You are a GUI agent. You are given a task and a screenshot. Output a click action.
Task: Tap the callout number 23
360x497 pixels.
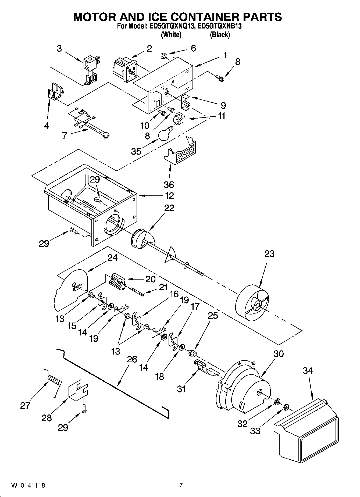pyautogui.click(x=269, y=253)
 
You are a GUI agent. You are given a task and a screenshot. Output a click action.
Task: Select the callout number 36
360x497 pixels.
pyautogui.click(x=169, y=185)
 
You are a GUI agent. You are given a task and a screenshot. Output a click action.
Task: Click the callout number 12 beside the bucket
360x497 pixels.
pyautogui.click(x=169, y=196)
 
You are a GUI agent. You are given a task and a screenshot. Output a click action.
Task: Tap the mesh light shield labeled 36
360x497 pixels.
pyautogui.click(x=181, y=153)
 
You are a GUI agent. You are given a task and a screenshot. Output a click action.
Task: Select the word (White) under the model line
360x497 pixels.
pyautogui.click(x=171, y=35)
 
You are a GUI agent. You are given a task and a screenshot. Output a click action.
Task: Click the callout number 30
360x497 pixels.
pyautogui.click(x=279, y=354)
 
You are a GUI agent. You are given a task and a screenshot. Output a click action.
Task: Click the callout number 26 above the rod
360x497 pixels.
pyautogui.click(x=132, y=359)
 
